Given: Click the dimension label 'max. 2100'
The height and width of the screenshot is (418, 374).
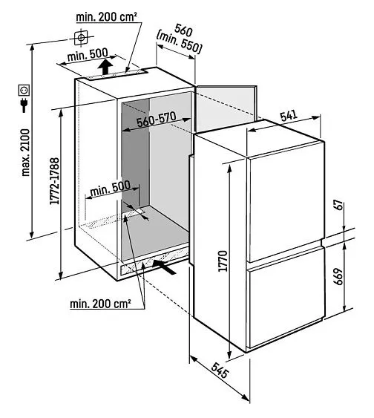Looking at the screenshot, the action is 26,152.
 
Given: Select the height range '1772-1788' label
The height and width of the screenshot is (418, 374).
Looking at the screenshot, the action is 55,181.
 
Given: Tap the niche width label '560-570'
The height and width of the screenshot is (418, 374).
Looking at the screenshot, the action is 157,119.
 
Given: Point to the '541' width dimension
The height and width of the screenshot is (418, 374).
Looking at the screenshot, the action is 289,116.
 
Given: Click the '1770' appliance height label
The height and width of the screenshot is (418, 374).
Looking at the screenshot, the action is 223,261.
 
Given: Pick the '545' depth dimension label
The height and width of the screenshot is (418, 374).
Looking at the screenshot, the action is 220,370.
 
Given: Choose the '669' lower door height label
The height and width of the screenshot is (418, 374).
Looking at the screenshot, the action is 338,277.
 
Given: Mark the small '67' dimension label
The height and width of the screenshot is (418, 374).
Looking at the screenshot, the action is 338,206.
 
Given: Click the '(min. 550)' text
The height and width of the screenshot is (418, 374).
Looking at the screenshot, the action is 179,42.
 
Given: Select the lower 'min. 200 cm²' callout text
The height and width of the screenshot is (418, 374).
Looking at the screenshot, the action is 100,304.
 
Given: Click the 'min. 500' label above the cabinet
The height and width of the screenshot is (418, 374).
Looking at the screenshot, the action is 88,55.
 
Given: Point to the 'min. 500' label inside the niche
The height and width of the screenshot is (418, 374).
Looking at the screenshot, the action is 111,189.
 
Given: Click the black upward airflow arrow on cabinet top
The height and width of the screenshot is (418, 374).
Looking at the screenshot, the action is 105,67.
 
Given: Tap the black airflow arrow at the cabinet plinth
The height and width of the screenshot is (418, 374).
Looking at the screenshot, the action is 164,267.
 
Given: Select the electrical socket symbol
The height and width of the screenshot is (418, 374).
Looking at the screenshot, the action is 24,90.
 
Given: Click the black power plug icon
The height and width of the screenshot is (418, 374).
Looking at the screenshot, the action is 24,105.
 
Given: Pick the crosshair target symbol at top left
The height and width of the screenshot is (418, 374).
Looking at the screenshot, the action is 81,38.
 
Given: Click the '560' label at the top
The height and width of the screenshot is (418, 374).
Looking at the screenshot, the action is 183,31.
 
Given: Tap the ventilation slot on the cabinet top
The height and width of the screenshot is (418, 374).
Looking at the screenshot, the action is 117,74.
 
